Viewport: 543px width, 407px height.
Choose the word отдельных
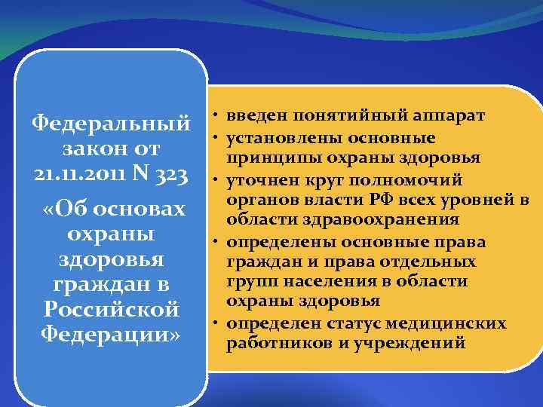(428, 262)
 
